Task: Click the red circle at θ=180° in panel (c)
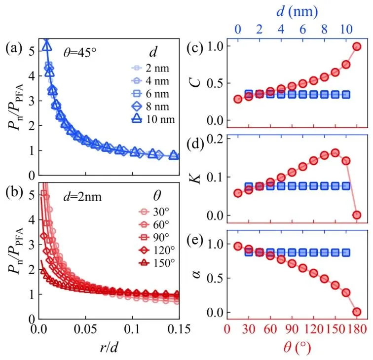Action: [356, 47]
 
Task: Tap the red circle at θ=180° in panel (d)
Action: [356, 215]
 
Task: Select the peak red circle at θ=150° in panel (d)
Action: [335, 153]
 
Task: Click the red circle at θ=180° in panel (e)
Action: [356, 312]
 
